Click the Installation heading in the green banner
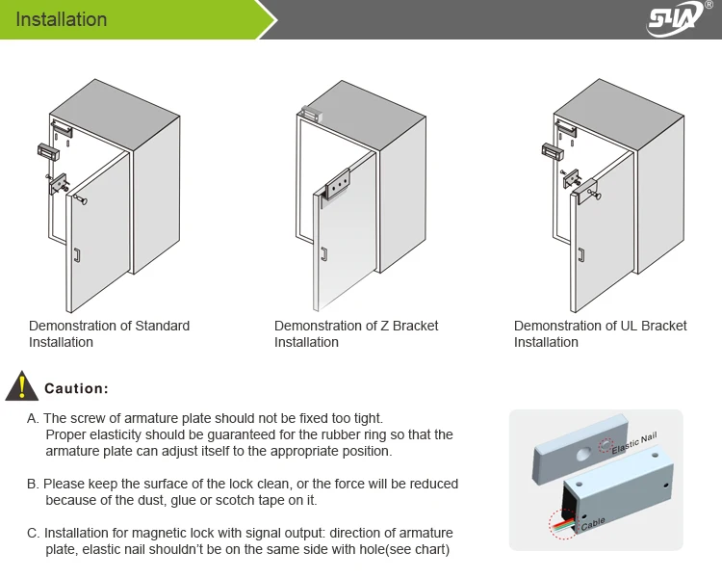tap(62, 19)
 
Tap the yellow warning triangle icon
tap(19, 386)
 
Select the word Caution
tap(76, 388)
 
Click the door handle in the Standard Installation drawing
tap(78, 256)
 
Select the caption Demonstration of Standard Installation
tap(109, 333)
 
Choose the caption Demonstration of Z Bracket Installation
tap(355, 333)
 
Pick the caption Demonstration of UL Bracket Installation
tap(600, 333)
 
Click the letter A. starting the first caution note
tap(33, 418)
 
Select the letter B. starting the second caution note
tap(33, 484)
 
